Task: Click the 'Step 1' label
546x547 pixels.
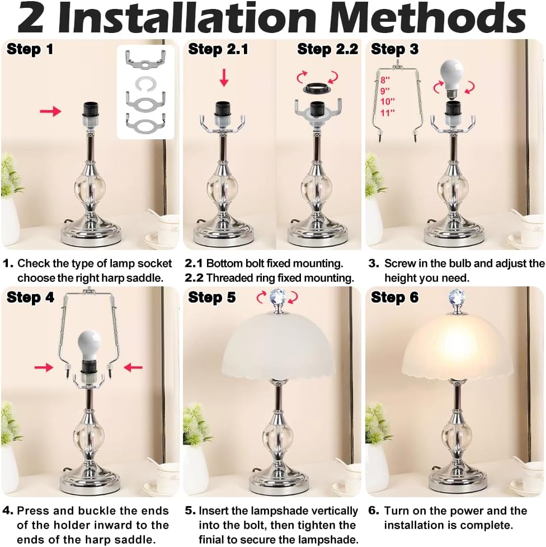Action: pyautogui.click(x=30, y=49)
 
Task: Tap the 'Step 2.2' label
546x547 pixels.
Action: pyautogui.click(x=327, y=49)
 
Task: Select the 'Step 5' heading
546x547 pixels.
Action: pyautogui.click(x=212, y=297)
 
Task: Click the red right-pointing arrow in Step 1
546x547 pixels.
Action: pyautogui.click(x=50, y=112)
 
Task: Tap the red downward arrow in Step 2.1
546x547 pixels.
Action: pyautogui.click(x=224, y=78)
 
